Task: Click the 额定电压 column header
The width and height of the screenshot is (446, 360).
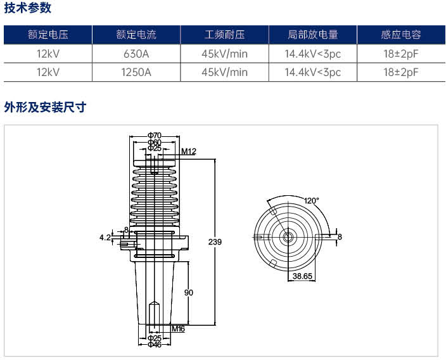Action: coord(48,35)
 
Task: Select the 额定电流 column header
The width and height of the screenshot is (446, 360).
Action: coord(136,35)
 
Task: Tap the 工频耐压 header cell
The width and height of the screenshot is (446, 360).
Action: coord(225,35)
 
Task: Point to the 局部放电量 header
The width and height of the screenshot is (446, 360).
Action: coord(313,35)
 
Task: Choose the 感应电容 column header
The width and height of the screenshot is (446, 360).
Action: coord(401,35)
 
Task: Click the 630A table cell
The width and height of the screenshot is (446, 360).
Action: coord(136,54)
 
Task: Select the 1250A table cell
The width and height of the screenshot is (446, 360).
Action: coord(136,72)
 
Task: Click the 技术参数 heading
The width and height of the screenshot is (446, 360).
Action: coord(28,8)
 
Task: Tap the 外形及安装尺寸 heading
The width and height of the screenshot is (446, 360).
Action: coord(45,107)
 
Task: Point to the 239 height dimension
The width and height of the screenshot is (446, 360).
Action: coord(215,241)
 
